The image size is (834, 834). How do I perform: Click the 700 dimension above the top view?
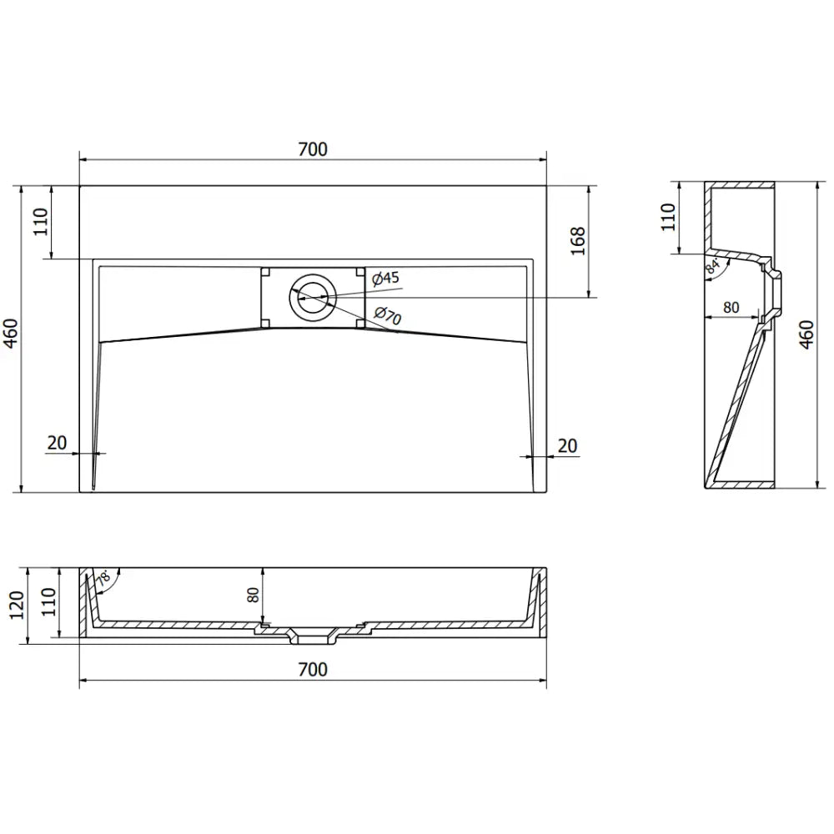[313, 149]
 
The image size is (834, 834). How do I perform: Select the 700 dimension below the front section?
[313, 669]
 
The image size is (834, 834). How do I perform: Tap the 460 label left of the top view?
[10, 339]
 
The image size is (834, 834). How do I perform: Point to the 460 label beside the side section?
[806, 334]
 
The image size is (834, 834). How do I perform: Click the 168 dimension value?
[579, 241]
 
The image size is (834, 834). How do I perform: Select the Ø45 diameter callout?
[384, 278]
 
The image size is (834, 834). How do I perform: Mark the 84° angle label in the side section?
[712, 267]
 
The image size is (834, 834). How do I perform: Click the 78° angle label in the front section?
[103, 578]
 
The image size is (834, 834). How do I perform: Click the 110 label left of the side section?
[667, 217]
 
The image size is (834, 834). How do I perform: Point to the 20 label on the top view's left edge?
[57, 444]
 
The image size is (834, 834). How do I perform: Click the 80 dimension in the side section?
[731, 307]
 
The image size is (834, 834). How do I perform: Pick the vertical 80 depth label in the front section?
[254, 595]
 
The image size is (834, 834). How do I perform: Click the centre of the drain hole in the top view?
[313, 297]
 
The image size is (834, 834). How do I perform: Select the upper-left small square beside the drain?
[266, 272]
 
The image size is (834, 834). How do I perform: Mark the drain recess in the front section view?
[313, 639]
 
